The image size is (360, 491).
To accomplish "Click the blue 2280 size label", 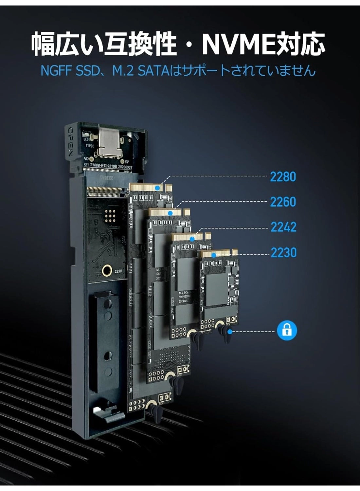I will tap(283, 177).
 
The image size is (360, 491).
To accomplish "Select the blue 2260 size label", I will tap(283, 202).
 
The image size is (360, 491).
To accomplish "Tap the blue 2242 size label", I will tap(283, 227).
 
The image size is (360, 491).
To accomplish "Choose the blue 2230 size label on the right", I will tap(283, 252).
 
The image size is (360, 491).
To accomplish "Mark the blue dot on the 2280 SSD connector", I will tap(158, 188).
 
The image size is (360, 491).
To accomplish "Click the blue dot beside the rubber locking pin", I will tap(230, 332).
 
